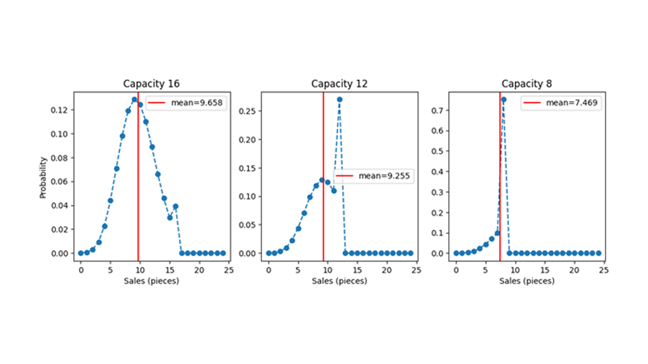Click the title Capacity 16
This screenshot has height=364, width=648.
152,84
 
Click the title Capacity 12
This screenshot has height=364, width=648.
340,84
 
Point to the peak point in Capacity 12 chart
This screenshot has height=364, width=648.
340,99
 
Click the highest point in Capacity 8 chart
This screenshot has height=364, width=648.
504,99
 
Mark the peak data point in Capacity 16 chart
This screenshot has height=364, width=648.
134,99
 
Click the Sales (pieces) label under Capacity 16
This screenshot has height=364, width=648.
152,280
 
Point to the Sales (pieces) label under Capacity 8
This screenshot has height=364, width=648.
527,280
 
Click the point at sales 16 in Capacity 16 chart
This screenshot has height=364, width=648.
175,206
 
